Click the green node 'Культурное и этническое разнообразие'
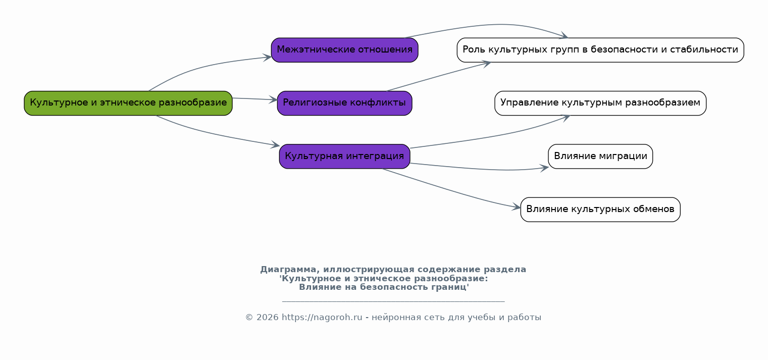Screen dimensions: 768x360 [x=128, y=103]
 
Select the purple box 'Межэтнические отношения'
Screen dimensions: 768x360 [x=344, y=50]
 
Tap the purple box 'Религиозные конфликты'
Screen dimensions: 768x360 [x=344, y=103]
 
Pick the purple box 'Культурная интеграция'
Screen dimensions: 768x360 [x=344, y=157]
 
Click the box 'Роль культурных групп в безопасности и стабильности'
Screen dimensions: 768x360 [x=600, y=50]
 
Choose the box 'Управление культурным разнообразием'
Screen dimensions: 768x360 [x=600, y=103]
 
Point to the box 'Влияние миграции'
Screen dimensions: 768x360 [x=600, y=157]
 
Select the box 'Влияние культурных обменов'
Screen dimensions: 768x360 [x=600, y=210]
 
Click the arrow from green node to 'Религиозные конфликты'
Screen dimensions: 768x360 [x=255, y=99]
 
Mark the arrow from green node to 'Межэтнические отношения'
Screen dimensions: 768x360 [x=202, y=67]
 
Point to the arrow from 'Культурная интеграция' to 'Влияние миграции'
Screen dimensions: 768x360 [x=480, y=169]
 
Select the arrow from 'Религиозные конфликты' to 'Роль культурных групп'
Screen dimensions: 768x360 [x=439, y=76]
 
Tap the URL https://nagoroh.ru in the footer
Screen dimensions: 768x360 [x=322, y=318]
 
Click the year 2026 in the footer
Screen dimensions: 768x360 [x=268, y=318]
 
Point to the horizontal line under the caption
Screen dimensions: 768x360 [x=393, y=302]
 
